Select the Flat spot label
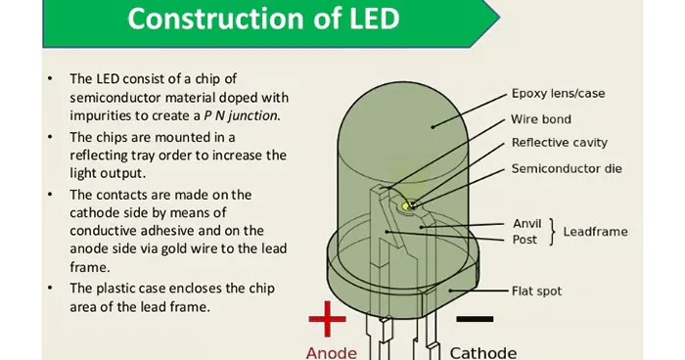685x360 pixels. pos(536,291)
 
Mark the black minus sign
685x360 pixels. pos(475,318)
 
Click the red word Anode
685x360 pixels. pos(332,351)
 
